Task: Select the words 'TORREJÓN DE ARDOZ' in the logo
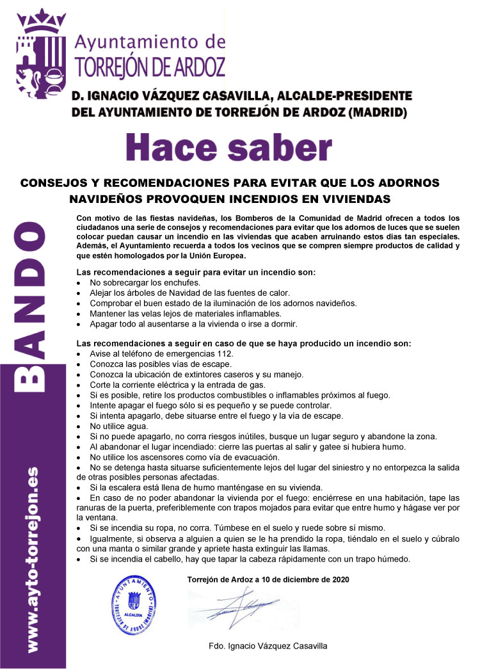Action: (150, 65)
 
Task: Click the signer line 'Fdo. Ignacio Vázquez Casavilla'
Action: (268, 646)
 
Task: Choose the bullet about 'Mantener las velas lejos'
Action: (185, 313)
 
